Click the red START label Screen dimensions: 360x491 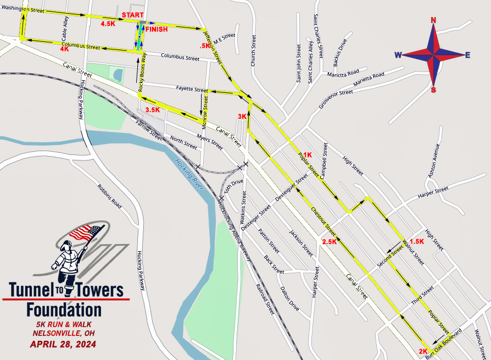click(133, 15)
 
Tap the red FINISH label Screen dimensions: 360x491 click(157, 29)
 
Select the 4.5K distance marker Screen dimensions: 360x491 click(108, 24)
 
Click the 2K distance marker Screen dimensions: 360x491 click(423, 351)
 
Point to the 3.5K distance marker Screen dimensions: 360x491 click(153, 110)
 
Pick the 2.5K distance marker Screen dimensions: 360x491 click(330, 242)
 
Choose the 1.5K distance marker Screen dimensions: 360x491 click(417, 241)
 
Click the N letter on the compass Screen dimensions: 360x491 click(433, 21)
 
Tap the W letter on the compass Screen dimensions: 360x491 click(398, 54)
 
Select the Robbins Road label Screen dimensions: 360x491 click(109, 195)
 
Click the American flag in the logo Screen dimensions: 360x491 click(86, 232)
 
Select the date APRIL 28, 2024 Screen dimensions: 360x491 click(63, 345)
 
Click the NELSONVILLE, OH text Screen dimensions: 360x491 click(64, 333)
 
